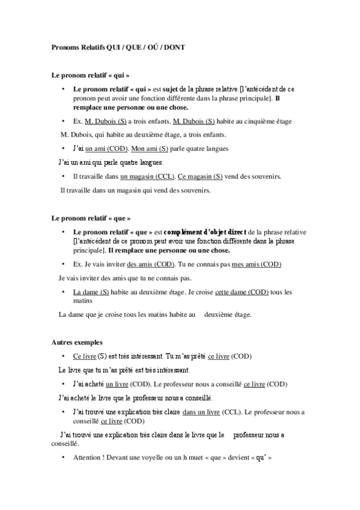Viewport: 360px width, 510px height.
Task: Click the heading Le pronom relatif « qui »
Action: (90, 76)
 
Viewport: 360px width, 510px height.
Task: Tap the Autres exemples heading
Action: (78, 342)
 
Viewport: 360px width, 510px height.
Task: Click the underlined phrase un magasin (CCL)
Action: (147, 177)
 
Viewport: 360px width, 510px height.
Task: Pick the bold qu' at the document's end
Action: (261, 458)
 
